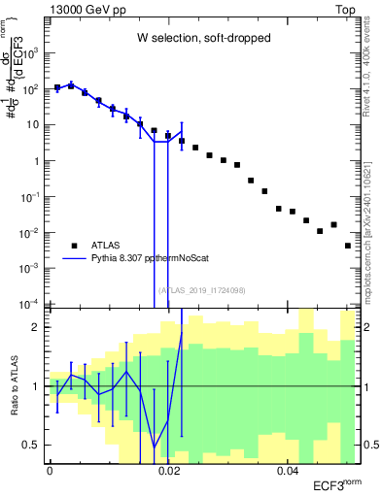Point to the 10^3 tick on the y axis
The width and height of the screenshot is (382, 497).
[36, 53]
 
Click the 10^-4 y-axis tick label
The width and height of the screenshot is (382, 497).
[34, 304]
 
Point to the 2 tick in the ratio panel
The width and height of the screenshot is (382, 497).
[40, 327]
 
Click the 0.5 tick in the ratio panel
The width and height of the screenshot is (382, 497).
[36, 445]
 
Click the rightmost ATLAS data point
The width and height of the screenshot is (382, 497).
[348, 246]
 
